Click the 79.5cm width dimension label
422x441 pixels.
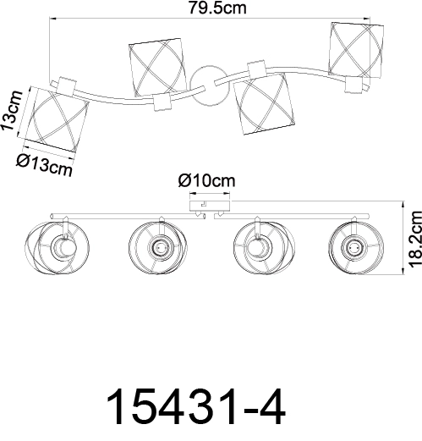coord(217,8)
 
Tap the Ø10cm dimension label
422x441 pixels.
coord(206,181)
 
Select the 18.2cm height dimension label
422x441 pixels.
coord(415,240)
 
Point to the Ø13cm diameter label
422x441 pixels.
coord(44,165)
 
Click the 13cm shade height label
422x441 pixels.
coord(12,111)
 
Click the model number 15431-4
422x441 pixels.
coord(196,406)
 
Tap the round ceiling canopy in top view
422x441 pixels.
coord(209,86)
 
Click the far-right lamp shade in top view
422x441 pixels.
coord(356,50)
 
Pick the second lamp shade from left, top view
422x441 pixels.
coord(158,68)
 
